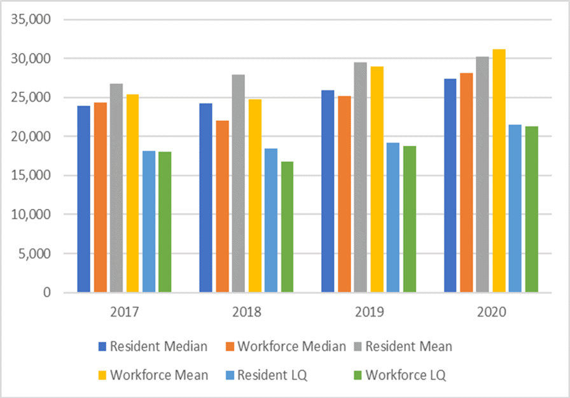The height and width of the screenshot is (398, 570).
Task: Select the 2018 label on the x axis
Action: (x=246, y=313)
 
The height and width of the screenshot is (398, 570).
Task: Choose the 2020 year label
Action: (x=490, y=313)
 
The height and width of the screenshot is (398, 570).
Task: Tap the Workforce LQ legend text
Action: (x=405, y=375)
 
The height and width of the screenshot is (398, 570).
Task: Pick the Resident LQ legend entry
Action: (x=272, y=375)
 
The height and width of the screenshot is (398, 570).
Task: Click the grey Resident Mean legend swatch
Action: (x=357, y=347)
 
